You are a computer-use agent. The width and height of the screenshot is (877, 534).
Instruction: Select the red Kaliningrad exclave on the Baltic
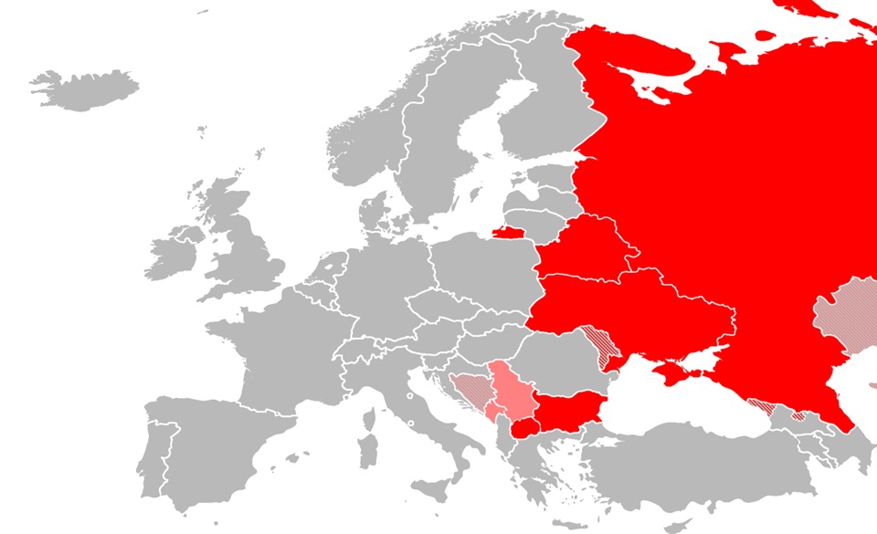506,231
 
